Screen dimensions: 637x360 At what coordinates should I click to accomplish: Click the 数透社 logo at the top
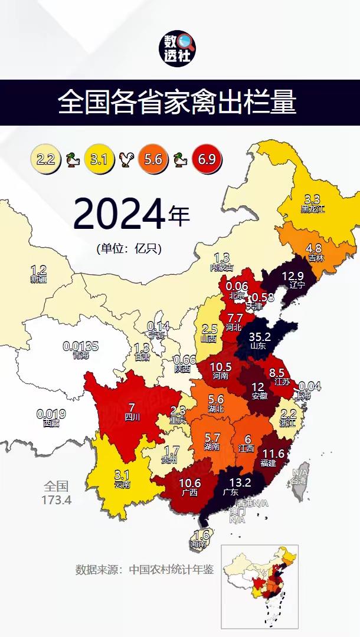(179, 49)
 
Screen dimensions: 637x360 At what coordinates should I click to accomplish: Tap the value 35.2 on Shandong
(259, 336)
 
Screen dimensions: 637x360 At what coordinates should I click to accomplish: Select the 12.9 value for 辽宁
(292, 275)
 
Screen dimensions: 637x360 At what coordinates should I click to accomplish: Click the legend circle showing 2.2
(46, 159)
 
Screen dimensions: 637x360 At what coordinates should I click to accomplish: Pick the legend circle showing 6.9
(206, 159)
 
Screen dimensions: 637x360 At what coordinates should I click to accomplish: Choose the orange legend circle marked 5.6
(153, 159)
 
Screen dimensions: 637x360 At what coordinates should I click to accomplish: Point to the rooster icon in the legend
(126, 160)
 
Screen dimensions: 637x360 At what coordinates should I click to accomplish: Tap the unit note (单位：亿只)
(129, 248)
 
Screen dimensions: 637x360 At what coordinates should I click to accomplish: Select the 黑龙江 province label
(312, 209)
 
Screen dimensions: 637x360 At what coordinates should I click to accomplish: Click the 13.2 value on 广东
(227, 482)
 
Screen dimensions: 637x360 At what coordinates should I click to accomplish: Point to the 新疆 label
(38, 278)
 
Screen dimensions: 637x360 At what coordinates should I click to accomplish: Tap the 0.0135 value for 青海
(81, 346)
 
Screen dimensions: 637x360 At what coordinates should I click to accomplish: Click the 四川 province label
(132, 417)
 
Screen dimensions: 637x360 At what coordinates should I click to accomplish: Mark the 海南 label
(201, 544)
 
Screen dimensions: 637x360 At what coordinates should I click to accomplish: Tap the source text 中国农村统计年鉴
(172, 570)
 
